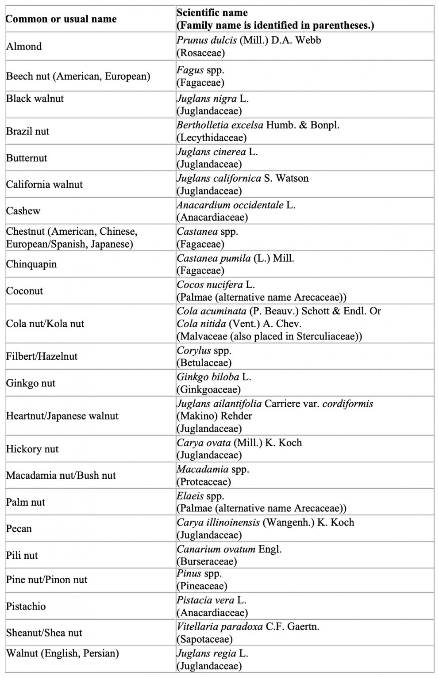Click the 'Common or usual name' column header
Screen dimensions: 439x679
pyautogui.click(x=61, y=19)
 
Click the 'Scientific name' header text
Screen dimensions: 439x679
pyautogui.click(x=212, y=12)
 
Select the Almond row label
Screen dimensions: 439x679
pyautogui.click(x=24, y=46)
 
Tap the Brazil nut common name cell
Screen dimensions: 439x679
pyautogui.click(x=27, y=131)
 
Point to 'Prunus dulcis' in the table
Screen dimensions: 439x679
pyautogui.click(x=207, y=40)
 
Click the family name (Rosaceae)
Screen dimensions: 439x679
pyautogui.click(x=200, y=53)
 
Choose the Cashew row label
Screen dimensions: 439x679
pyautogui.click(x=23, y=211)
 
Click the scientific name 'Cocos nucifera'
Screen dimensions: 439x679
pyautogui.click(x=210, y=285)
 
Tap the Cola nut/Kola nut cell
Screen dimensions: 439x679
pyautogui.click(x=45, y=324)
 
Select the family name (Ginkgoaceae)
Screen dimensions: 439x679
pyautogui.click(x=208, y=389)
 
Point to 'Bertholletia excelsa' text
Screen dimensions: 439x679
pyautogui.click(x=220, y=125)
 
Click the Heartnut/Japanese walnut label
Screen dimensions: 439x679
pyautogui.click(x=62, y=416)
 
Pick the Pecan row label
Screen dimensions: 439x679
pyautogui.click(x=19, y=529)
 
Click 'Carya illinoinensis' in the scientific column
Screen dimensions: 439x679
pyautogui.click(x=218, y=523)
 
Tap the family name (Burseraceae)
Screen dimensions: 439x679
pyautogui.click(x=207, y=561)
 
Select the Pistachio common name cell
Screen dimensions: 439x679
pyautogui.click(x=26, y=606)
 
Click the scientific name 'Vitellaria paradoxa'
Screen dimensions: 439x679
pyautogui.click(x=219, y=626)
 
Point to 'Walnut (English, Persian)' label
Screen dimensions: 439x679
pyautogui.click(x=62, y=653)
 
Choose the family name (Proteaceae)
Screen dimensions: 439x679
pyautogui.click(x=204, y=482)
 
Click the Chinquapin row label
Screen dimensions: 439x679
pyautogui.click(x=31, y=264)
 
